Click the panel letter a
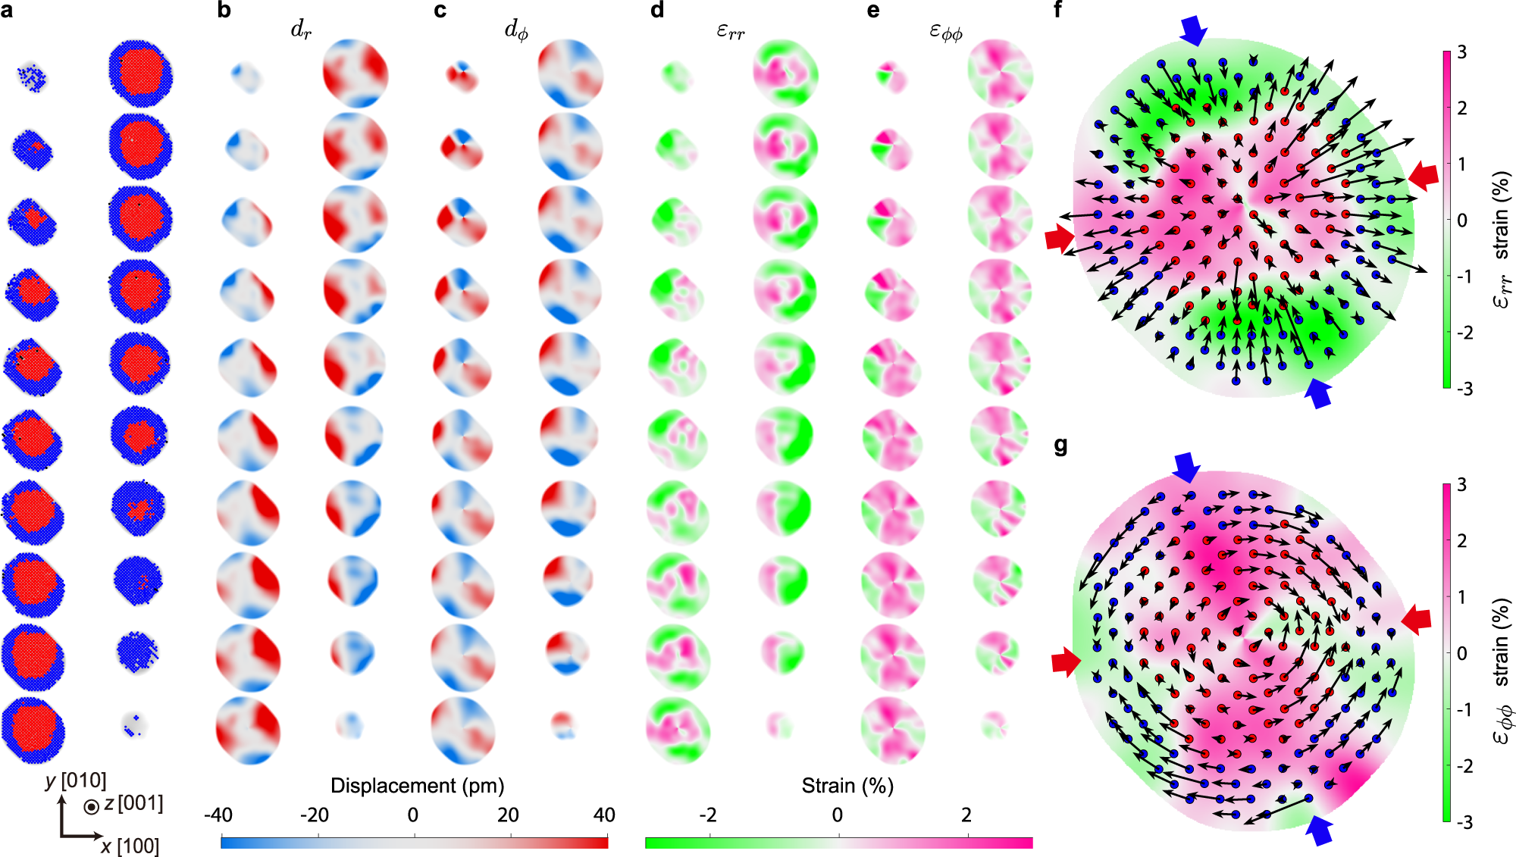pyautogui.click(x=7, y=11)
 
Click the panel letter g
pyautogui.click(x=1061, y=446)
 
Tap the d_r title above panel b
pyautogui.click(x=301, y=30)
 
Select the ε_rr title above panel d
pyautogui.click(x=731, y=31)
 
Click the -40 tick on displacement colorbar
pyautogui.click(x=218, y=815)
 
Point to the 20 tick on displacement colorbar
pyautogui.click(x=508, y=815)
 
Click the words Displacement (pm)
pyautogui.click(x=417, y=786)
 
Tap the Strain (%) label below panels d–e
pyautogui.click(x=847, y=786)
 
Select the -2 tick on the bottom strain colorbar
pyautogui.click(x=707, y=815)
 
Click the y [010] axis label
pyautogui.click(x=75, y=780)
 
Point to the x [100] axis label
pyautogui.click(x=130, y=846)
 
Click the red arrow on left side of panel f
pyautogui.click(x=1059, y=237)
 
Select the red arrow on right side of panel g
pyautogui.click(x=1416, y=620)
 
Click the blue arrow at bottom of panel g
pyautogui.click(x=1320, y=830)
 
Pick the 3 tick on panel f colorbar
pyautogui.click(x=1462, y=52)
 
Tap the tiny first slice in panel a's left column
pyautogui.click(x=33, y=77)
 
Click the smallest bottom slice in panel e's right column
pyautogui.click(x=994, y=724)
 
